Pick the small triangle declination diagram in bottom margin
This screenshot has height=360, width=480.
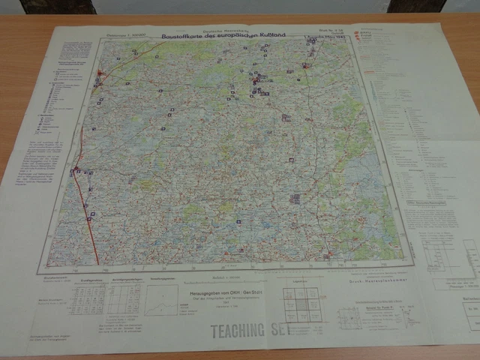pos(162,299)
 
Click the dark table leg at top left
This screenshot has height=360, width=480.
pos(57,7)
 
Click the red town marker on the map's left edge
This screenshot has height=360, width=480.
pos(75,169)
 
